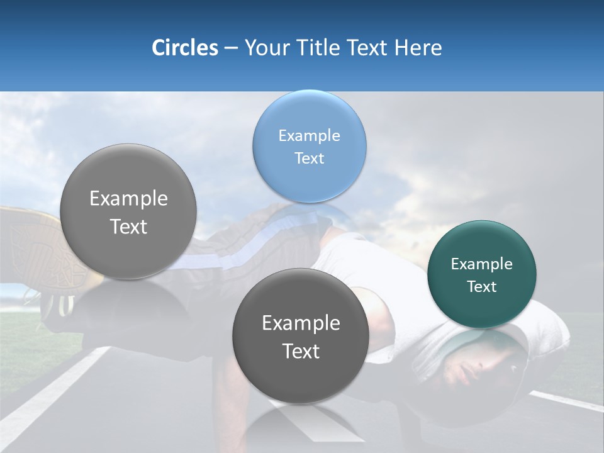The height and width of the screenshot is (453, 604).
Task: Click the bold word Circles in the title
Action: tap(184, 48)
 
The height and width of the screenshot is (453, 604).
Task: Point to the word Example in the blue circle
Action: tap(309, 135)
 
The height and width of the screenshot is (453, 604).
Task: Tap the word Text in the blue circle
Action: tap(309, 158)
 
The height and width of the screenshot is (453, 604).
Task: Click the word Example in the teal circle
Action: tap(481, 264)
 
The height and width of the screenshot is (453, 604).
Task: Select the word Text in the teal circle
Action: tap(481, 286)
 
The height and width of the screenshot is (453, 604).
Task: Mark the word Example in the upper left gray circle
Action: tap(128, 198)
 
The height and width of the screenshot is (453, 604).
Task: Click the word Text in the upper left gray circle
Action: tap(128, 226)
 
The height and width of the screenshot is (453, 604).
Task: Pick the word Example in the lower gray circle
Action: tap(301, 323)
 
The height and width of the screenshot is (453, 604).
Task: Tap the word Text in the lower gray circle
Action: tap(301, 351)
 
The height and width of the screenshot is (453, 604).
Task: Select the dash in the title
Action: tap(230, 48)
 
